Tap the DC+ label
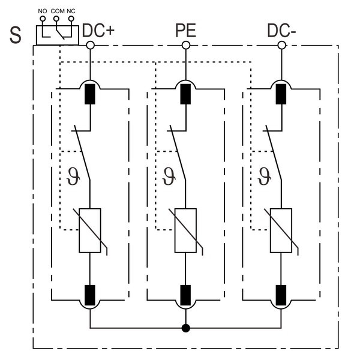98,31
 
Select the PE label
185,31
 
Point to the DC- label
281,31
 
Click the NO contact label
42,11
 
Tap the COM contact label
57,11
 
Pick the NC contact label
71,11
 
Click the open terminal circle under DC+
90,45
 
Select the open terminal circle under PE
186,45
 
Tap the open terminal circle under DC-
281,45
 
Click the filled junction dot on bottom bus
186,328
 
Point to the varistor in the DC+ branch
90,230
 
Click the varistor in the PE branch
185,230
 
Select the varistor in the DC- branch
281,230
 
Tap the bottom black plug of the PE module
185,295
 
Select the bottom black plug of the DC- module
281,295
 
